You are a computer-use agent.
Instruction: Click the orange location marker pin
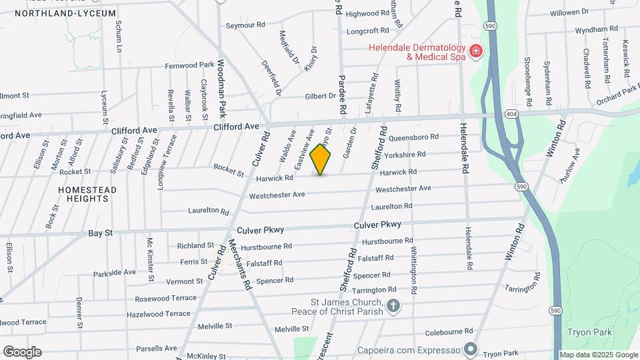(x=321, y=159)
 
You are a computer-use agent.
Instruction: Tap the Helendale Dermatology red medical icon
(x=475, y=51)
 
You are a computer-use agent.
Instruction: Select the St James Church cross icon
(x=393, y=307)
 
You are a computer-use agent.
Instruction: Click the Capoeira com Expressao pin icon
(x=471, y=348)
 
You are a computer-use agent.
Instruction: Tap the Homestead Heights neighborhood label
(x=87, y=194)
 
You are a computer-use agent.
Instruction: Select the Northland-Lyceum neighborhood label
(x=65, y=13)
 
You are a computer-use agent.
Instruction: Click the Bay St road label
(x=101, y=233)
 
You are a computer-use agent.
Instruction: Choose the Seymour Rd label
(x=245, y=25)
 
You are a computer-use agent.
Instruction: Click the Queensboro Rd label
(x=413, y=137)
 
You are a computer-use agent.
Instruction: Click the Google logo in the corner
(x=22, y=352)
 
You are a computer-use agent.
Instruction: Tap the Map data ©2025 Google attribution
(x=598, y=355)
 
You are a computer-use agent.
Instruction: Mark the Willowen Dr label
(x=569, y=12)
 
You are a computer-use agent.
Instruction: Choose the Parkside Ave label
(x=115, y=272)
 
